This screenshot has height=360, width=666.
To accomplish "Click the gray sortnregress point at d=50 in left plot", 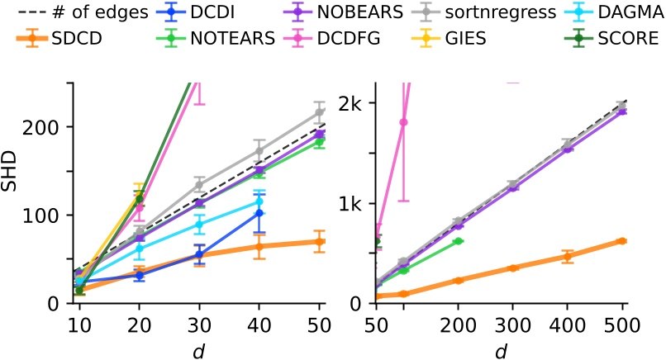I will pos(320,111).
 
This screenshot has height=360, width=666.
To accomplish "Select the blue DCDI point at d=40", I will pos(259,213).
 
